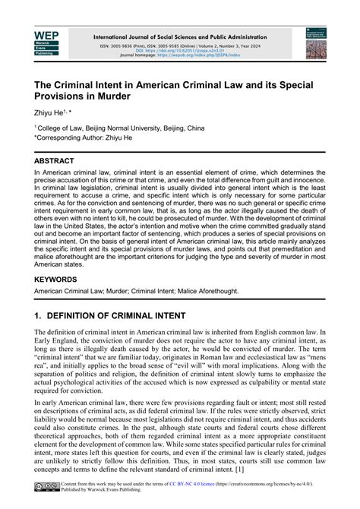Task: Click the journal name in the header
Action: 180,36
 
